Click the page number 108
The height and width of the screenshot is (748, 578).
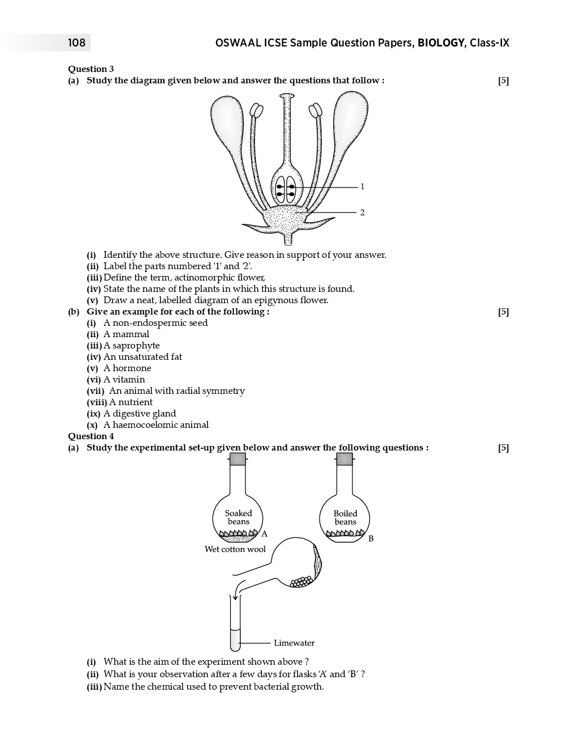(x=76, y=43)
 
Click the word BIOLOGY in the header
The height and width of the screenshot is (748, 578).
(x=441, y=43)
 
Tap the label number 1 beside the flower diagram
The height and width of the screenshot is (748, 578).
(x=362, y=186)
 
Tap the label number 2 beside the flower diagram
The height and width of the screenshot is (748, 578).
(x=362, y=212)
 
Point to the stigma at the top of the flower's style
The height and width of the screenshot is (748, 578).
(x=288, y=97)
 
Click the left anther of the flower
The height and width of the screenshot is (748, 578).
(x=257, y=110)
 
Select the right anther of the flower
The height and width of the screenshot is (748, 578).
(x=316, y=110)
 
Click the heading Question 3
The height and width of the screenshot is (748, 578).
(x=91, y=69)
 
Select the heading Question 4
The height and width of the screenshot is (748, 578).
(x=91, y=436)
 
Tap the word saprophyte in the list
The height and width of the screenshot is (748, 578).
(x=136, y=346)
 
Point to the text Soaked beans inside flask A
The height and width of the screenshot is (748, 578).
(x=238, y=517)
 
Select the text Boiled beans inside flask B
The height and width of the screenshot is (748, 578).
(x=345, y=517)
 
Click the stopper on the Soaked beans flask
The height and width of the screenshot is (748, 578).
(x=238, y=458)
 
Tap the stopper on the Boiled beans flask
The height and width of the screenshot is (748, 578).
(x=345, y=458)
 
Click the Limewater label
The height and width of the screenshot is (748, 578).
(x=294, y=643)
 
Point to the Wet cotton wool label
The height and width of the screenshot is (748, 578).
(x=235, y=549)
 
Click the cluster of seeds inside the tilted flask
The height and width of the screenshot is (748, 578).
(x=300, y=582)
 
